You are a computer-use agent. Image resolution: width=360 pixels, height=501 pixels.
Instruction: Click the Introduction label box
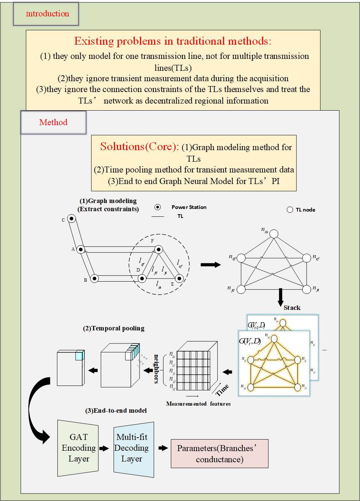tap(46, 14)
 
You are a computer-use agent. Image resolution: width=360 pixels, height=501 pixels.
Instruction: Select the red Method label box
tap(53, 122)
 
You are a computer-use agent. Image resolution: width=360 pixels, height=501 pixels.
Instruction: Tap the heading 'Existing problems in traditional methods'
tap(173, 41)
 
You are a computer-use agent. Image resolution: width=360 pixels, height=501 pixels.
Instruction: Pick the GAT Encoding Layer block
tap(78, 448)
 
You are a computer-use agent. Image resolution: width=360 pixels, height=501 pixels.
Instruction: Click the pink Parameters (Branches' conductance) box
tap(219, 453)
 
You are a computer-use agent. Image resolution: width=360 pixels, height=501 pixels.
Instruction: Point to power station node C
tap(71, 219)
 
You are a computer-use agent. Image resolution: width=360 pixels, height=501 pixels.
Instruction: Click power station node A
tap(81, 249)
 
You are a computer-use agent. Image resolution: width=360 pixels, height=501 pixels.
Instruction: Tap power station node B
tap(95, 278)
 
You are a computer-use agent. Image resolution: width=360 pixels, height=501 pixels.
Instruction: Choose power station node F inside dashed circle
tap(159, 249)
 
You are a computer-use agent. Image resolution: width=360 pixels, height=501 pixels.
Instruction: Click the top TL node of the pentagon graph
tap(274, 234)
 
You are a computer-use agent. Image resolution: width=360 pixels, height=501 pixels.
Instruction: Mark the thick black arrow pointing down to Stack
tap(280, 297)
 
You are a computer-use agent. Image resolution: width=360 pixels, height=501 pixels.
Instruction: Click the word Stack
tap(292, 308)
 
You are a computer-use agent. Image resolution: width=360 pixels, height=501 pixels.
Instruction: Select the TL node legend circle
tap(290, 210)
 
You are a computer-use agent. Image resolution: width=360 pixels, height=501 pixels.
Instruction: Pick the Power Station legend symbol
tap(158, 207)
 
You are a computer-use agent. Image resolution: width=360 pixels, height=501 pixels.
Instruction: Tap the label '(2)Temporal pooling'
tap(114, 328)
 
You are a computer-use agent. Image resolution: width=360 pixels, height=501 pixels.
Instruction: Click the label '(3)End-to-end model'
tap(116, 410)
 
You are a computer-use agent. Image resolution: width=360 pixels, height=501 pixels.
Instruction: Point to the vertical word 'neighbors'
tap(156, 369)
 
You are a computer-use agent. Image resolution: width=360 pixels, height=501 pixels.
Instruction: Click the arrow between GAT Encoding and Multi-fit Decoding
tap(104, 448)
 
